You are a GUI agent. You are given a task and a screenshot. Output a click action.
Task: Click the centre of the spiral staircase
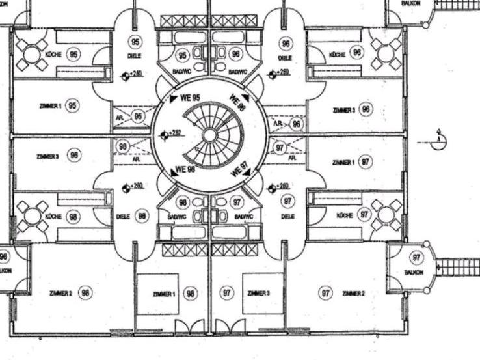[209, 136]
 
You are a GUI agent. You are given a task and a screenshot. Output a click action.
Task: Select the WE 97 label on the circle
[239, 171]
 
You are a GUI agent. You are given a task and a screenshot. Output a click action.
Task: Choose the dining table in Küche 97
[387, 215]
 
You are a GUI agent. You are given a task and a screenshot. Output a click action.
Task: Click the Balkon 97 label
[414, 272]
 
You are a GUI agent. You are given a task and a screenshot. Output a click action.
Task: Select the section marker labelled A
[440, 139]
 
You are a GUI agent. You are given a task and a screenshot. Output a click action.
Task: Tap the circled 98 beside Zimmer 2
[85, 293]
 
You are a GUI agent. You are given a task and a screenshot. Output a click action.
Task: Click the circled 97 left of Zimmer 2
[325, 293]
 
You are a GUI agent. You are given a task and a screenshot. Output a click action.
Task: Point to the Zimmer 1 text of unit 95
[50, 105]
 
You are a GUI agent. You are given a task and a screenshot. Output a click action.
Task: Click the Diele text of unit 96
[285, 58]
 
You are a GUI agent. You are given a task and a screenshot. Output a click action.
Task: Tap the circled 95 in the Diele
[135, 42]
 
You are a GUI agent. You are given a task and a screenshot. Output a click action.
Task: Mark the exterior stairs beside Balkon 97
[457, 267]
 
